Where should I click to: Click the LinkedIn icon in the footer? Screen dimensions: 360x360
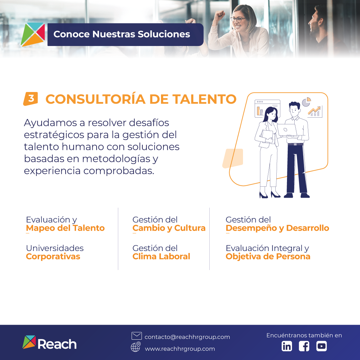(287, 346)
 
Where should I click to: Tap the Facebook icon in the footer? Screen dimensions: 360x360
(304, 346)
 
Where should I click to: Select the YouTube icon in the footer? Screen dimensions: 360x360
(321, 346)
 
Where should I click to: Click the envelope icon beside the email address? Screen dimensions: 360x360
(137, 336)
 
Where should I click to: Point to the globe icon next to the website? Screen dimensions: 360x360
(136, 347)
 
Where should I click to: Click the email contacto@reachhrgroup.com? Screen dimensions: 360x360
(187, 337)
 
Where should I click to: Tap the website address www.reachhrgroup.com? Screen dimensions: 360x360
(180, 349)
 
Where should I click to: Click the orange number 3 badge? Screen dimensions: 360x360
(31, 99)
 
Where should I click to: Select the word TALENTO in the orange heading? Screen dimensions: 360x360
(204, 99)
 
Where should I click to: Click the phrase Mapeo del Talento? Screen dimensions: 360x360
(65, 228)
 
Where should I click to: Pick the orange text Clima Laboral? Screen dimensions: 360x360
(161, 256)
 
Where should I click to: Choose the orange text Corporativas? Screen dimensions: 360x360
(53, 256)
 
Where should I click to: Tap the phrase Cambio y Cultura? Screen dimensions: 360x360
(169, 228)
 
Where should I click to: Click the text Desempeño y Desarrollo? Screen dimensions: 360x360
(277, 228)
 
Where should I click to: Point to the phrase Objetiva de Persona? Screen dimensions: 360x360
(268, 256)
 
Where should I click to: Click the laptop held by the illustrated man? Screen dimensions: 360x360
(287, 130)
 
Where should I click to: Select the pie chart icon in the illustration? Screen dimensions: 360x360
(306, 102)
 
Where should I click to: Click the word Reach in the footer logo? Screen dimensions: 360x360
(57, 344)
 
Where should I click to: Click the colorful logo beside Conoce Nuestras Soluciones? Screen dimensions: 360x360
(33, 34)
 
